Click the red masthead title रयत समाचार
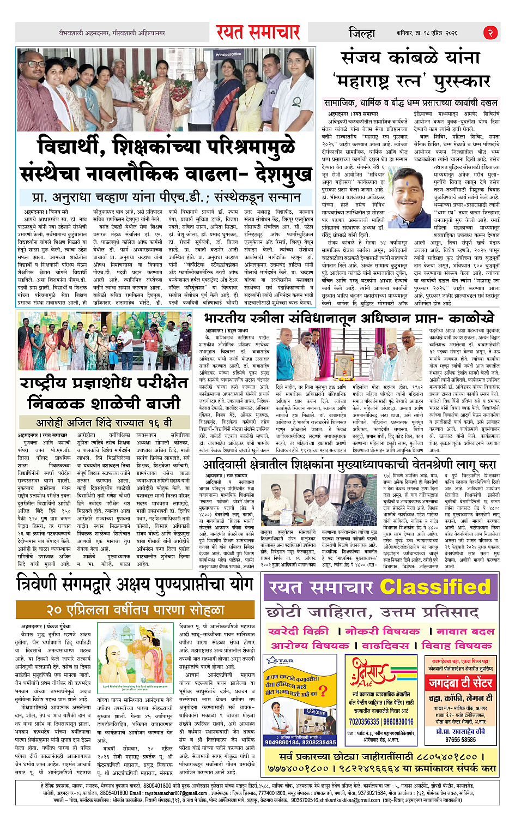258,32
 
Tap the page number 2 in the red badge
490,33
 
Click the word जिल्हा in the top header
362,33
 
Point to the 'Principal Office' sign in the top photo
228,55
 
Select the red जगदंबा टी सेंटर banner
461,682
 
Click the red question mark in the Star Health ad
323,691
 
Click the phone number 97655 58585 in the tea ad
461,740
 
